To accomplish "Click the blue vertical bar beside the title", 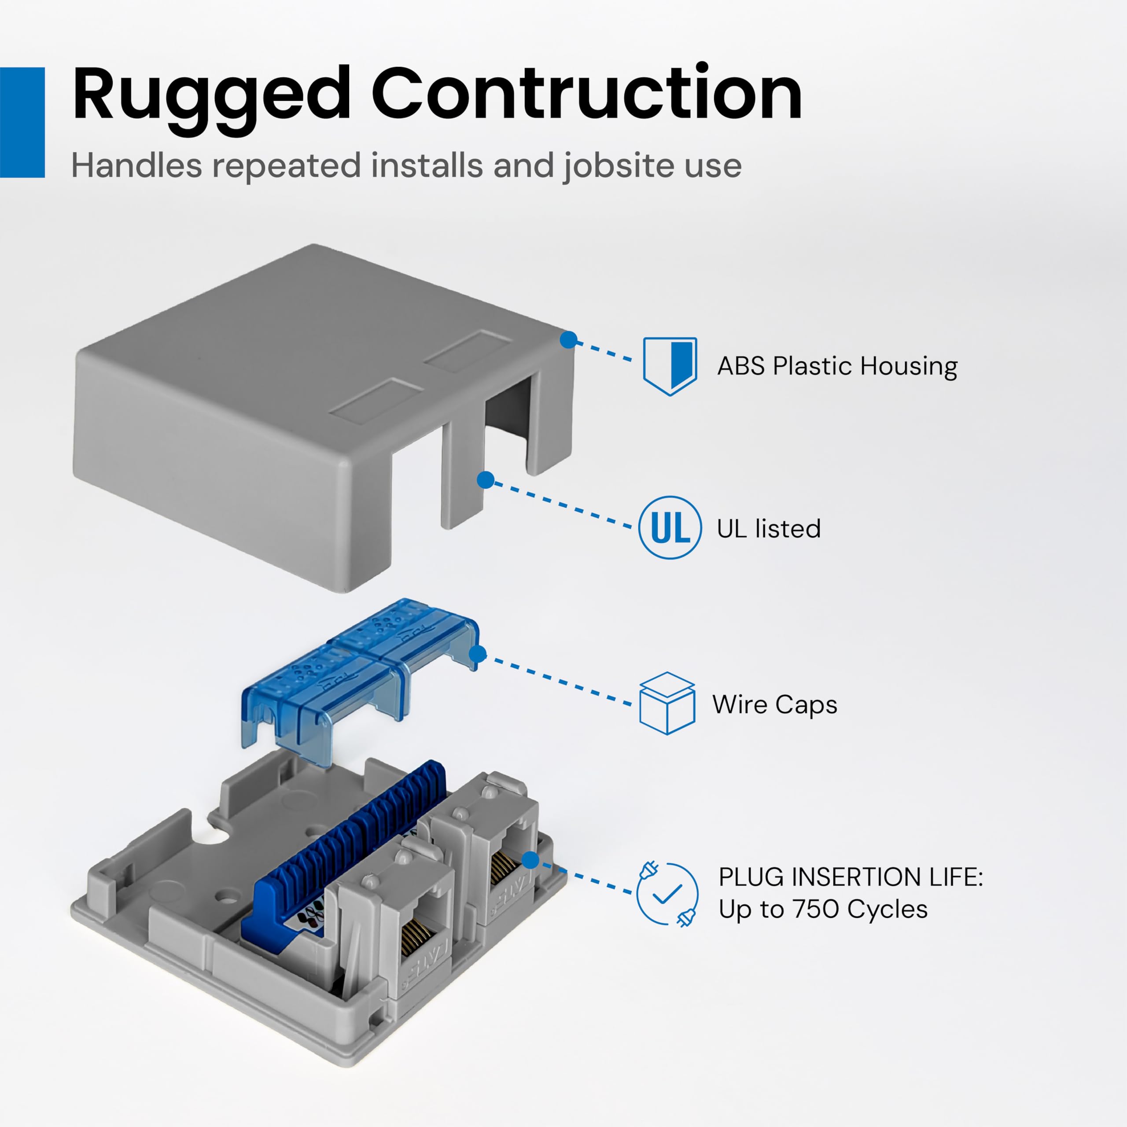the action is [22, 122].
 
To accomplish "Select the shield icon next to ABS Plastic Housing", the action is [670, 366].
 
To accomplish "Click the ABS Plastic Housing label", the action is [837, 367].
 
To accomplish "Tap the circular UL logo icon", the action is [670, 528].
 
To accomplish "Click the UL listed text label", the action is [768, 528].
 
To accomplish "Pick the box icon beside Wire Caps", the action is [667, 703].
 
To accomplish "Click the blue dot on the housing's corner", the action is [568, 340].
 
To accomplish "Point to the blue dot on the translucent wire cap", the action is [478, 654].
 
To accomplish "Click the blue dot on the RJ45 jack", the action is [530, 860].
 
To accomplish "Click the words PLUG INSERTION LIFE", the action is [851, 877].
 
